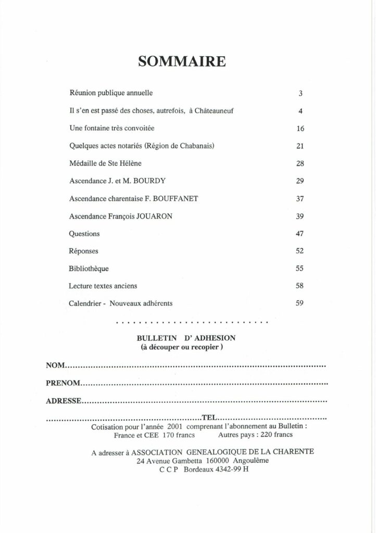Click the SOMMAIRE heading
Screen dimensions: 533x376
click(x=182, y=62)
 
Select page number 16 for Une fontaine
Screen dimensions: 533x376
click(x=300, y=129)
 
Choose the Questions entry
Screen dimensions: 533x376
click(x=84, y=234)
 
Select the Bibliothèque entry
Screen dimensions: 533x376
click(x=89, y=269)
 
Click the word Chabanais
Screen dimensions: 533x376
click(x=195, y=146)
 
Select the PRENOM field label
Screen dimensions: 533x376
click(x=62, y=384)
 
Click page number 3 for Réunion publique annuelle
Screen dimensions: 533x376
click(x=301, y=94)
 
